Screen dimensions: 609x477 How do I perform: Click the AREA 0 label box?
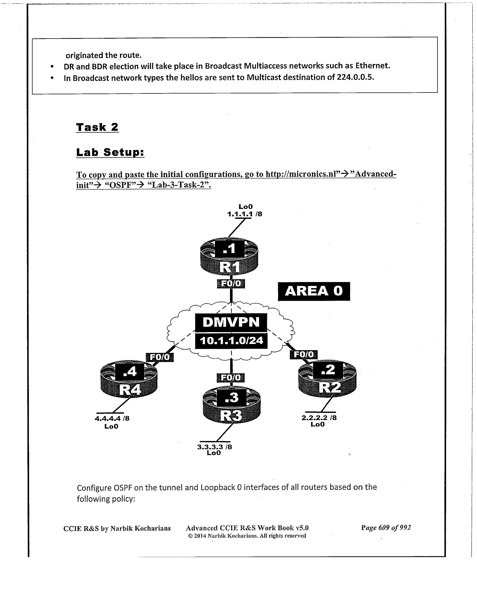(x=314, y=291)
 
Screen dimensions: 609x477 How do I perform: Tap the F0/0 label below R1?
(x=231, y=284)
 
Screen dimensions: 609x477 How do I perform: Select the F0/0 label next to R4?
(x=160, y=357)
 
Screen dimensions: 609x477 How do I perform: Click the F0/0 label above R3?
(x=231, y=378)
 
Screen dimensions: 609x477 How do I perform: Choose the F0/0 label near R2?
(x=304, y=354)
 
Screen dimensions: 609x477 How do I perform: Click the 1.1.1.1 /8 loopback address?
(x=245, y=214)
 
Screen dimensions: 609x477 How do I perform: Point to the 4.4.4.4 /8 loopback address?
(x=112, y=419)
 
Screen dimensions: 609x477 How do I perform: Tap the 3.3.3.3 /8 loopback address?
(x=215, y=446)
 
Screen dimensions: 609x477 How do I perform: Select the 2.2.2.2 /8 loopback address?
(x=319, y=418)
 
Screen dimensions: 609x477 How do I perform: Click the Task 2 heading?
(x=97, y=127)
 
